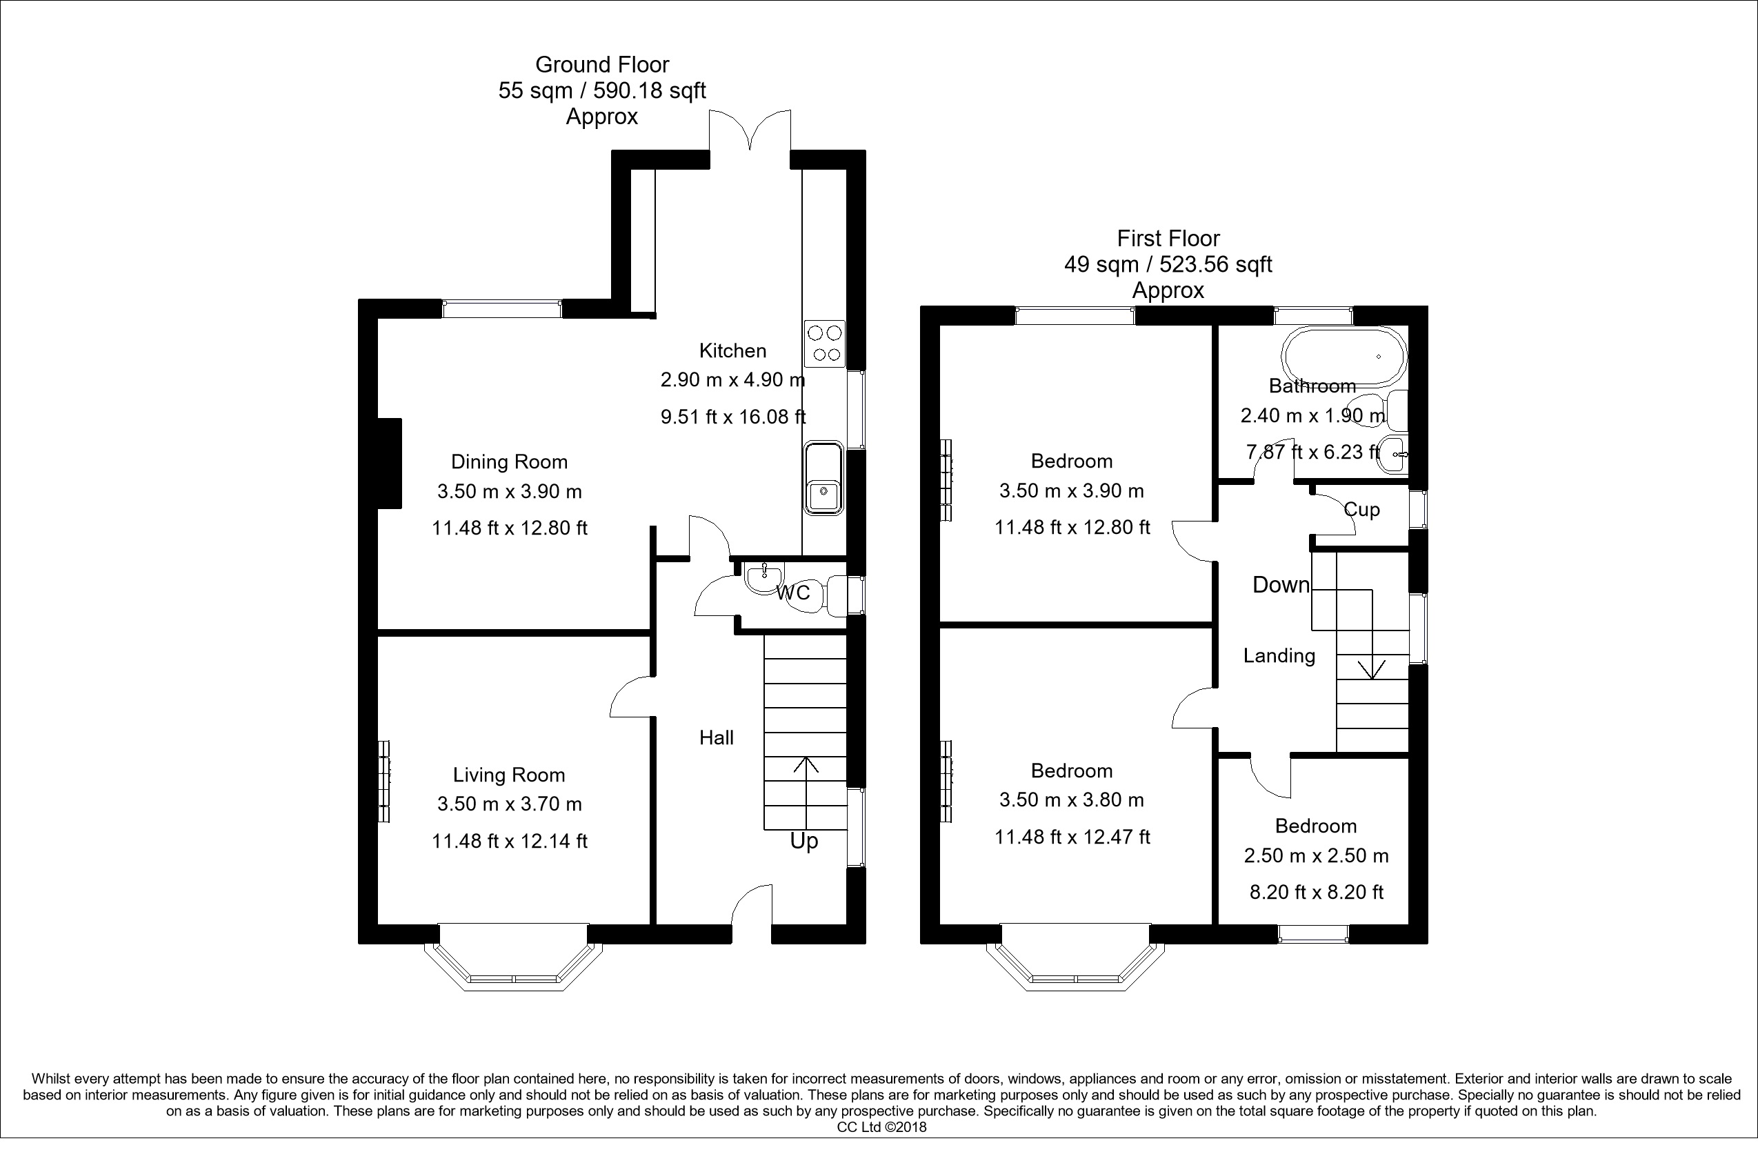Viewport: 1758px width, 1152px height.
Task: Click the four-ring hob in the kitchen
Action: [x=824, y=344]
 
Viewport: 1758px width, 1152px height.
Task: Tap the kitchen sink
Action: [x=823, y=478]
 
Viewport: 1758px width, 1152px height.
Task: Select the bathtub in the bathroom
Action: [x=1346, y=356]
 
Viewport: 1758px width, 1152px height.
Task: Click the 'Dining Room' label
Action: [x=510, y=461]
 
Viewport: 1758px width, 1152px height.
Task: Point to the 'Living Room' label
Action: [x=509, y=775]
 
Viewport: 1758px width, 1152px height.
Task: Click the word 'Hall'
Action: [x=717, y=737]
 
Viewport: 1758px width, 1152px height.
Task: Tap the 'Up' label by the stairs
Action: [x=803, y=842]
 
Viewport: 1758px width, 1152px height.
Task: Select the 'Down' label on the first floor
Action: [x=1281, y=584]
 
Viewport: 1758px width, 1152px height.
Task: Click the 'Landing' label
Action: [x=1279, y=655]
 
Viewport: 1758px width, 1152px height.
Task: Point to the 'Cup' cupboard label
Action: [x=1361, y=509]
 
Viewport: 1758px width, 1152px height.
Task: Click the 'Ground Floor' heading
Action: [x=602, y=65]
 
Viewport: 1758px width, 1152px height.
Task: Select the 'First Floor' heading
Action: [x=1168, y=239]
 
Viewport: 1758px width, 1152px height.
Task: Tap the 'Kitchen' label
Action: [x=732, y=350]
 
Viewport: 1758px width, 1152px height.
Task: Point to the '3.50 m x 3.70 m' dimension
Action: [x=510, y=804]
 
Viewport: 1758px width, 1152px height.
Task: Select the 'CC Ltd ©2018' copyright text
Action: [x=881, y=1128]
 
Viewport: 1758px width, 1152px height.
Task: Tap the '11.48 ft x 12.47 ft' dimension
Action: [x=1072, y=837]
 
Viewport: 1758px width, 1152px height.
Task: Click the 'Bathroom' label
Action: [x=1312, y=386]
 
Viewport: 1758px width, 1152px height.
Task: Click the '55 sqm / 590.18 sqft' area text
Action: [x=602, y=91]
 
